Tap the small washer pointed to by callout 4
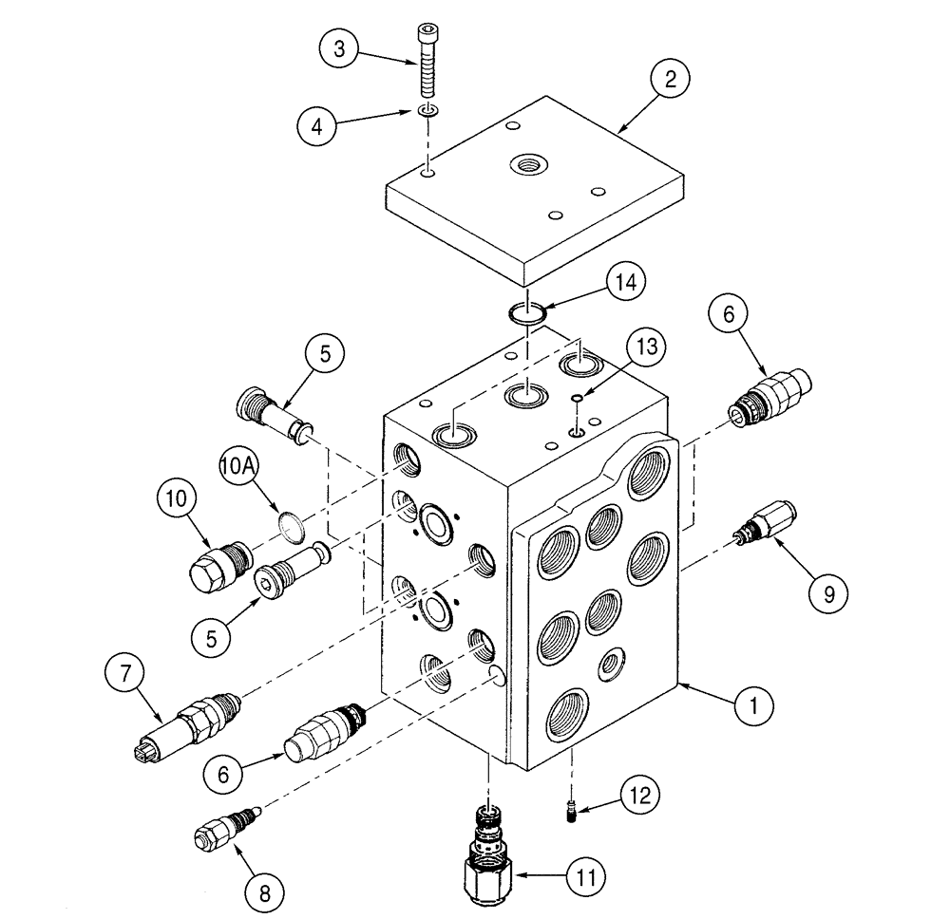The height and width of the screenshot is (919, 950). pos(428,113)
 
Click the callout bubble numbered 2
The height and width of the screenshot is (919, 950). pos(670,81)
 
